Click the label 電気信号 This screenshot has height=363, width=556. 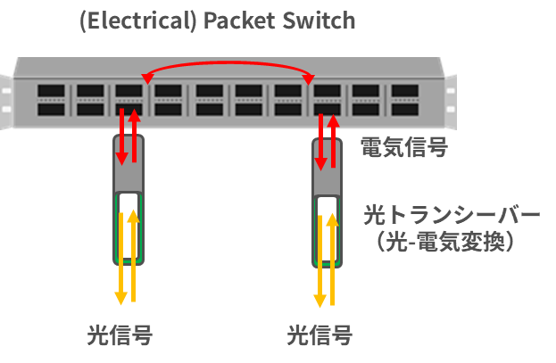click(x=402, y=147)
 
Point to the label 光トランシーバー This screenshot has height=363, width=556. click(x=451, y=217)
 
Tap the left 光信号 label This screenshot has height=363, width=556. click(x=119, y=336)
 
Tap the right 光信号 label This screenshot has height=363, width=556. click(x=319, y=336)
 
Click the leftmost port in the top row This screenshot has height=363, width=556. click(x=50, y=90)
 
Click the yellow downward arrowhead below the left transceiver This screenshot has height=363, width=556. click(x=120, y=297)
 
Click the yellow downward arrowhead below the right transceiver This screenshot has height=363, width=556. click(x=319, y=297)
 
